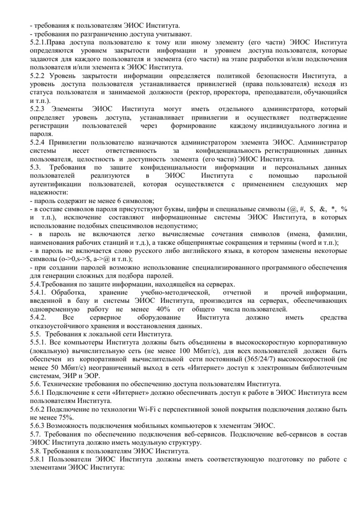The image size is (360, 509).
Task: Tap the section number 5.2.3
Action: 39,109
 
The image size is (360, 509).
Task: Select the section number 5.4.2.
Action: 39,318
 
